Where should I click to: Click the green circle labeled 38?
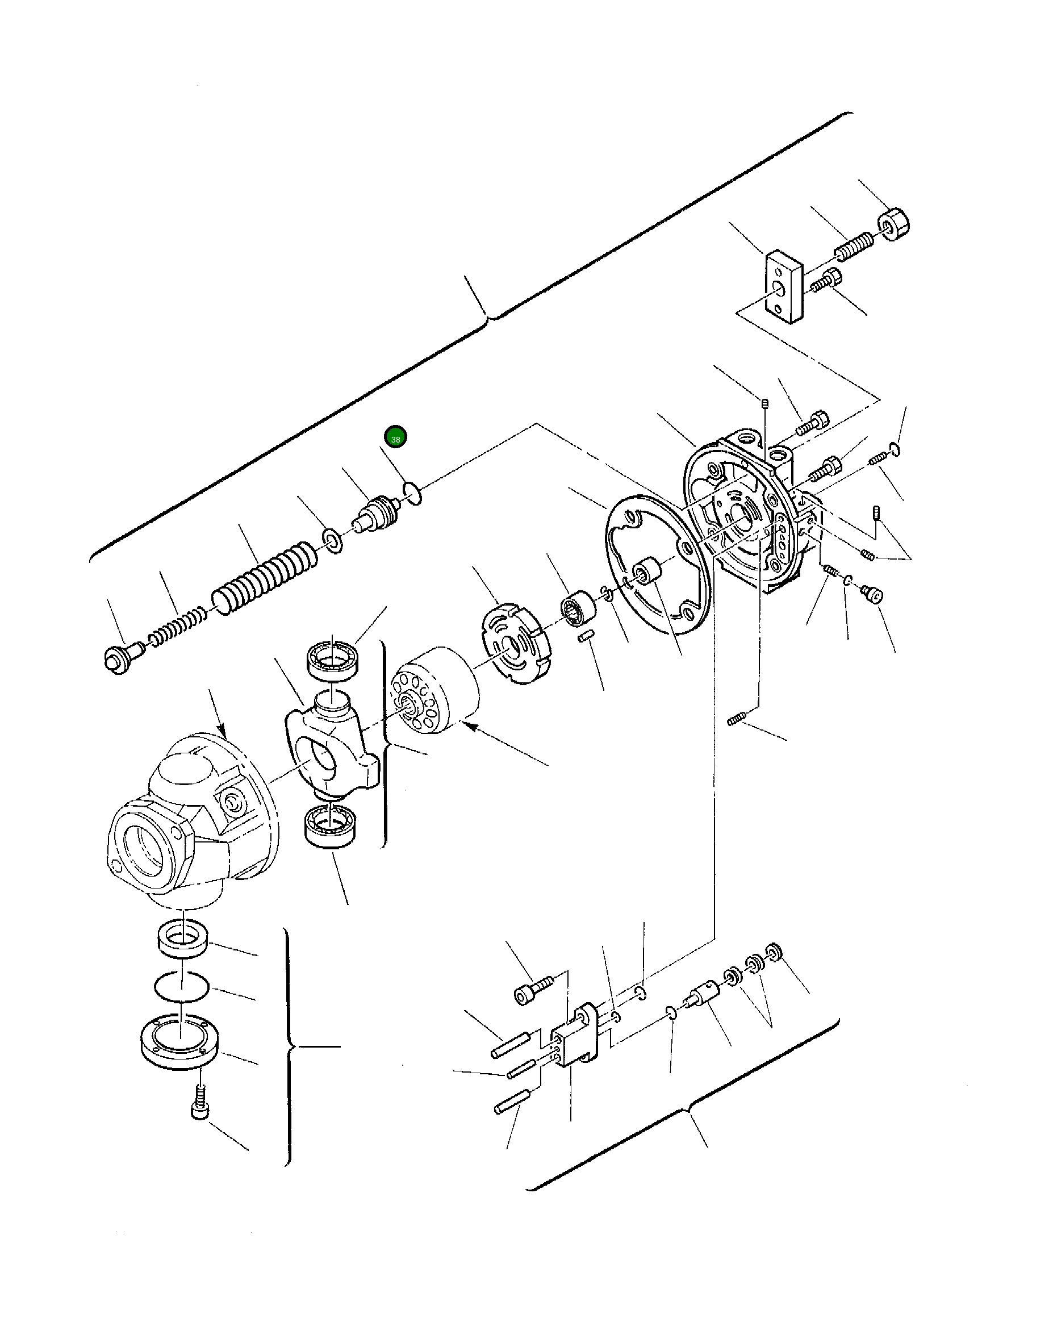click(395, 437)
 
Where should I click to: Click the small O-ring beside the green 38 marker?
click(412, 493)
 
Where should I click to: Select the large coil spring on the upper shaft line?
click(264, 578)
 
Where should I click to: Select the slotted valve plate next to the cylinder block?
click(515, 643)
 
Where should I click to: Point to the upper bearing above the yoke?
click(332, 659)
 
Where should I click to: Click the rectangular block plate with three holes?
click(785, 286)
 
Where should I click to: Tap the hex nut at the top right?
click(893, 224)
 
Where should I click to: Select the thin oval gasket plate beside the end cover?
click(657, 565)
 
